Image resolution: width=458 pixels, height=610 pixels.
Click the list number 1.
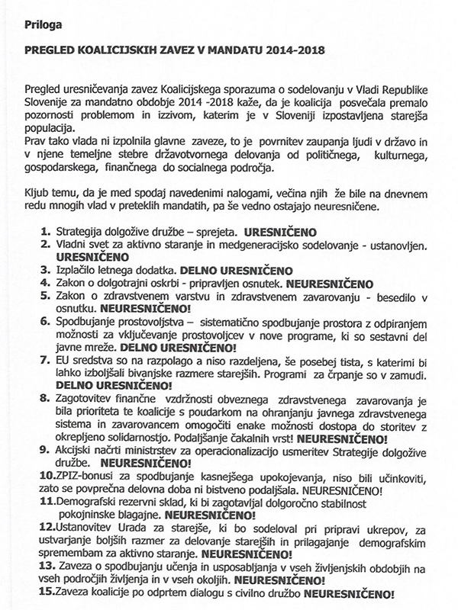click(43, 228)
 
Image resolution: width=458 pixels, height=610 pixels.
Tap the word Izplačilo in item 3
click(78, 269)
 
